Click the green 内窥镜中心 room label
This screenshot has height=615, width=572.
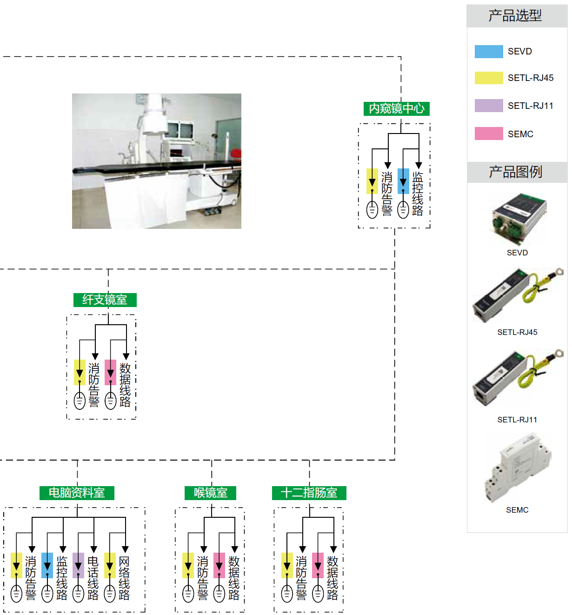tap(396, 109)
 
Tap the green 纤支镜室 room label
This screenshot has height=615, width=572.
tap(105, 300)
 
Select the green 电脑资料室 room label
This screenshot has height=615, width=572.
tap(77, 493)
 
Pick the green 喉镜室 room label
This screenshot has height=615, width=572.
tap(211, 493)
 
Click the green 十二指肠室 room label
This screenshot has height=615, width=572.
tap(309, 493)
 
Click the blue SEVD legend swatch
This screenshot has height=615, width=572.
tap(488, 51)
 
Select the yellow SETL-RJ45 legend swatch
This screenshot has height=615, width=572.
tap(488, 78)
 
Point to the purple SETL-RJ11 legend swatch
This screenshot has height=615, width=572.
tap(488, 106)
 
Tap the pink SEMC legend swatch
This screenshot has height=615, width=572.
tap(488, 134)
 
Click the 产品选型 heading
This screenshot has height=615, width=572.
tap(515, 16)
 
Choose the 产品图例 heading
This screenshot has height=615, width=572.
tap(515, 172)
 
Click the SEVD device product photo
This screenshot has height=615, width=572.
tap(519, 219)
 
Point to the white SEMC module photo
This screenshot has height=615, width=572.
tap(518, 468)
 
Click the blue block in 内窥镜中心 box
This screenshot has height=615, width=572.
tap(403, 180)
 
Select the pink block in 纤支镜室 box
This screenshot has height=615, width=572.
tap(110, 372)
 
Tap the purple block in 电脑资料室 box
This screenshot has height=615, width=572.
tap(78, 565)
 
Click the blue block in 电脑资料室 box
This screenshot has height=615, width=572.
tap(47, 565)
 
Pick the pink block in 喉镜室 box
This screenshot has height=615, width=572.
tap(219, 565)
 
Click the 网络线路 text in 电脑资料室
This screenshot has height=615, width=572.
tap(124, 578)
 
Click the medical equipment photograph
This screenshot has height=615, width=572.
tap(157, 161)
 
